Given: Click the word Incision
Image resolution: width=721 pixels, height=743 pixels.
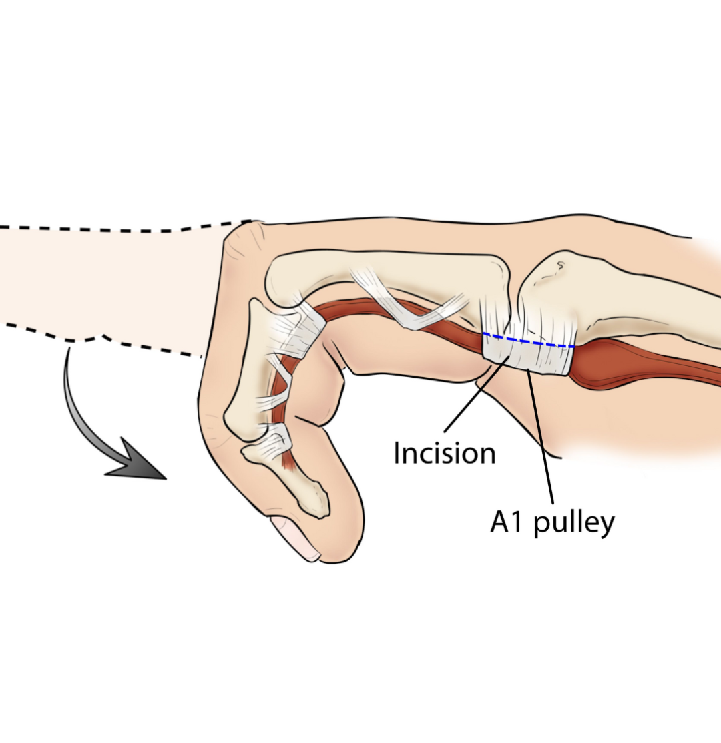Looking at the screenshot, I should tap(445, 454).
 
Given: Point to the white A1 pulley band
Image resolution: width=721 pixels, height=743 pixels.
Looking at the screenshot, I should tap(534, 358).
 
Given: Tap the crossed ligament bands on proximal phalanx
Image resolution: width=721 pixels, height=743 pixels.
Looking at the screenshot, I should tap(407, 303).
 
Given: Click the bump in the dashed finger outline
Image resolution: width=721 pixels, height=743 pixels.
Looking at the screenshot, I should tap(87, 338).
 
